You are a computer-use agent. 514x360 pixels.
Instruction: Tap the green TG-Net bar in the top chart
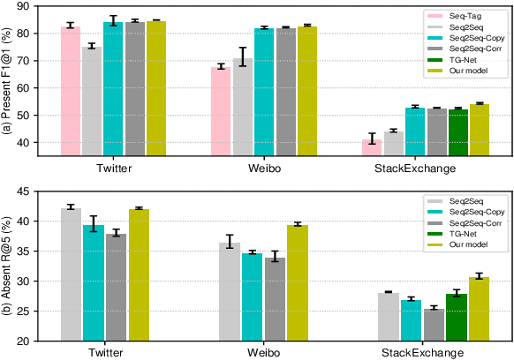click(x=457, y=132)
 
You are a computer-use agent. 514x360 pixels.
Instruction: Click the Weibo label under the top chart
click(x=259, y=168)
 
